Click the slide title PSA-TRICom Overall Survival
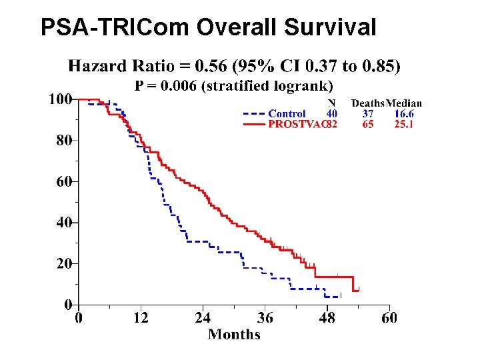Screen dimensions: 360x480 pos(208,27)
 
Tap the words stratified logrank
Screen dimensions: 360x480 pos(281,85)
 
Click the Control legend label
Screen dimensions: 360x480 pos(287,114)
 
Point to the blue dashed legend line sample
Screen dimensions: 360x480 pos(254,114)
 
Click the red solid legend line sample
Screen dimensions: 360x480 pos(254,124)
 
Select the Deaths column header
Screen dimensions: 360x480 pos(368,103)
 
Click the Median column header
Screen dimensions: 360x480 pos(404,103)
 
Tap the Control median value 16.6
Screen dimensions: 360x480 pos(404,114)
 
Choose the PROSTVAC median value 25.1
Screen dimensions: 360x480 pos(404,124)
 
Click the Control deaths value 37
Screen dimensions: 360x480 pos(368,114)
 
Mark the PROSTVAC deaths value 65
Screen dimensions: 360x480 pos(368,124)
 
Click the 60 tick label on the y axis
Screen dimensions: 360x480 pos(63,181)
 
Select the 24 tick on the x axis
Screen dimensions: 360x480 pos(203,318)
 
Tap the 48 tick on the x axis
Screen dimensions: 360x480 pos(327,318)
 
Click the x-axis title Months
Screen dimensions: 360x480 pos(234,334)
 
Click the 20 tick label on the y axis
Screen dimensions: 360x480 pos(63,264)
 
